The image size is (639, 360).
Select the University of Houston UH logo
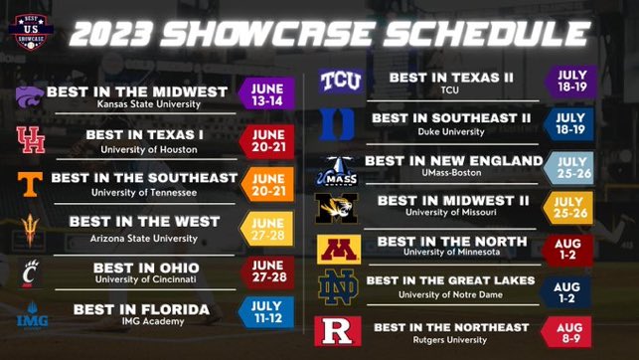pyautogui.click(x=30, y=139)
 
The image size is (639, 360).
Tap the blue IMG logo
pyautogui.click(x=31, y=319)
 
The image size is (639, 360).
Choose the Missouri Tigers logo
pyautogui.click(x=336, y=208)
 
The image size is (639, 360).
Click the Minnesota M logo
pyautogui.click(x=336, y=249)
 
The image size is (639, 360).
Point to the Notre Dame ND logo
pyautogui.click(x=336, y=288)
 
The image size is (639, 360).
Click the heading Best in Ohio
pyautogui.click(x=146, y=268)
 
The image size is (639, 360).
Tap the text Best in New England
pyautogui.click(x=453, y=160)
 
